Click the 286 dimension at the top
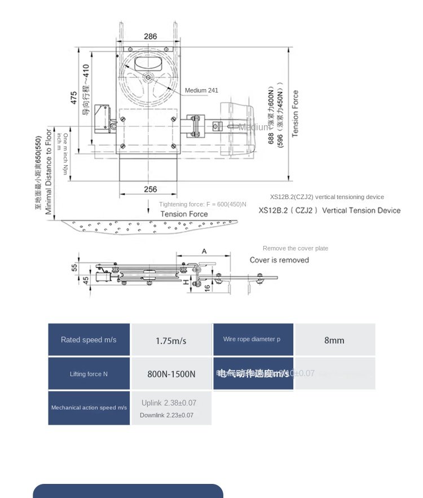point(151,37)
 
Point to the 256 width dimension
point(151,189)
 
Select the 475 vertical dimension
point(74,98)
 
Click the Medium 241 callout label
point(201,90)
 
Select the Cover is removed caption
point(279,260)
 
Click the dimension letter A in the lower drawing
point(204,251)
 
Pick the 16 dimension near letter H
point(207,287)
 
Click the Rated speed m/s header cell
point(89,340)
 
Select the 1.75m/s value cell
point(171,341)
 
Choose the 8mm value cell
point(334,341)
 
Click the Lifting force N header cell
point(89,374)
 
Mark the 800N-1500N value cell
point(171,374)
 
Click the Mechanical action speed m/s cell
point(89,407)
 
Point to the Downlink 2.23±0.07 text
point(166,415)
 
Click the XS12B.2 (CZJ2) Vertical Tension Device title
point(329,210)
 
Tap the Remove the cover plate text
point(295,248)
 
